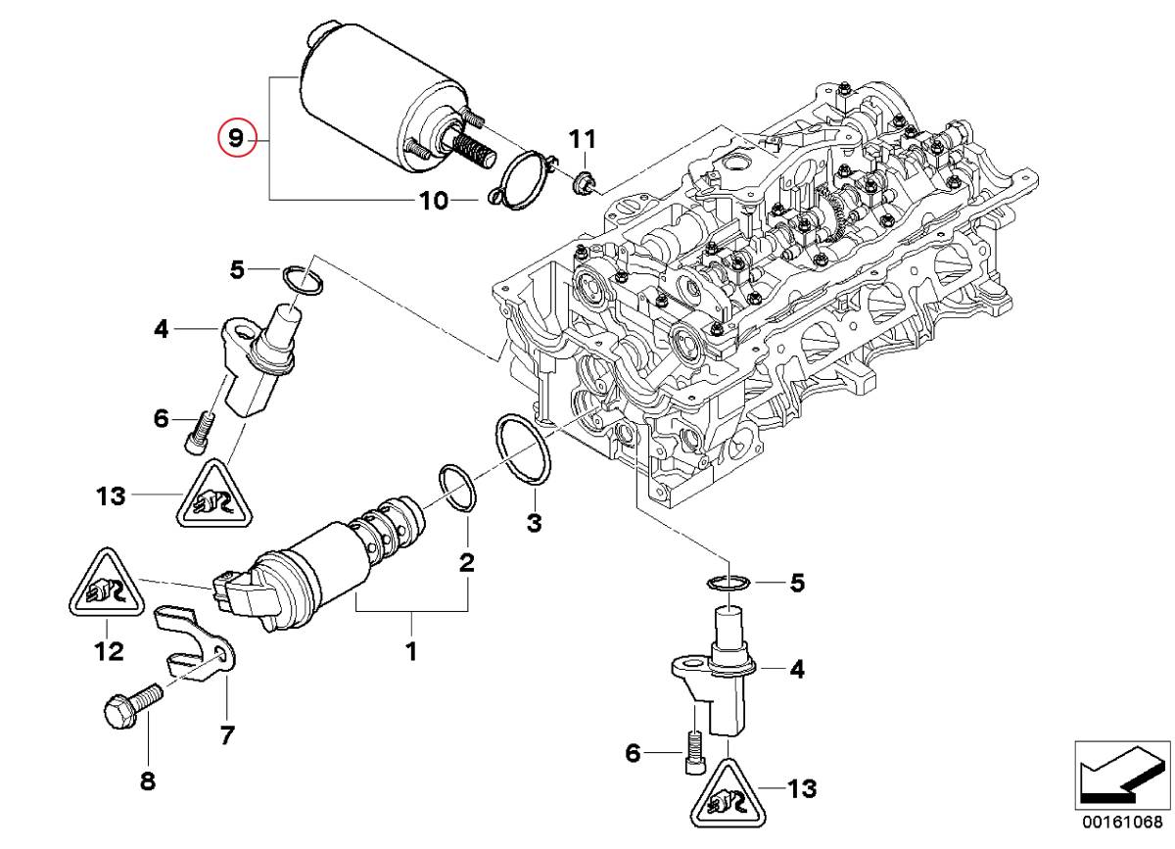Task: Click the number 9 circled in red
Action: [235, 138]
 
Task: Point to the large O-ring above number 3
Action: [523, 449]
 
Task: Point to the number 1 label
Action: [411, 649]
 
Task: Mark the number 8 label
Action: [147, 780]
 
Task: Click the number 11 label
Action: [583, 138]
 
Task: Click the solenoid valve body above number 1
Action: [313, 568]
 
